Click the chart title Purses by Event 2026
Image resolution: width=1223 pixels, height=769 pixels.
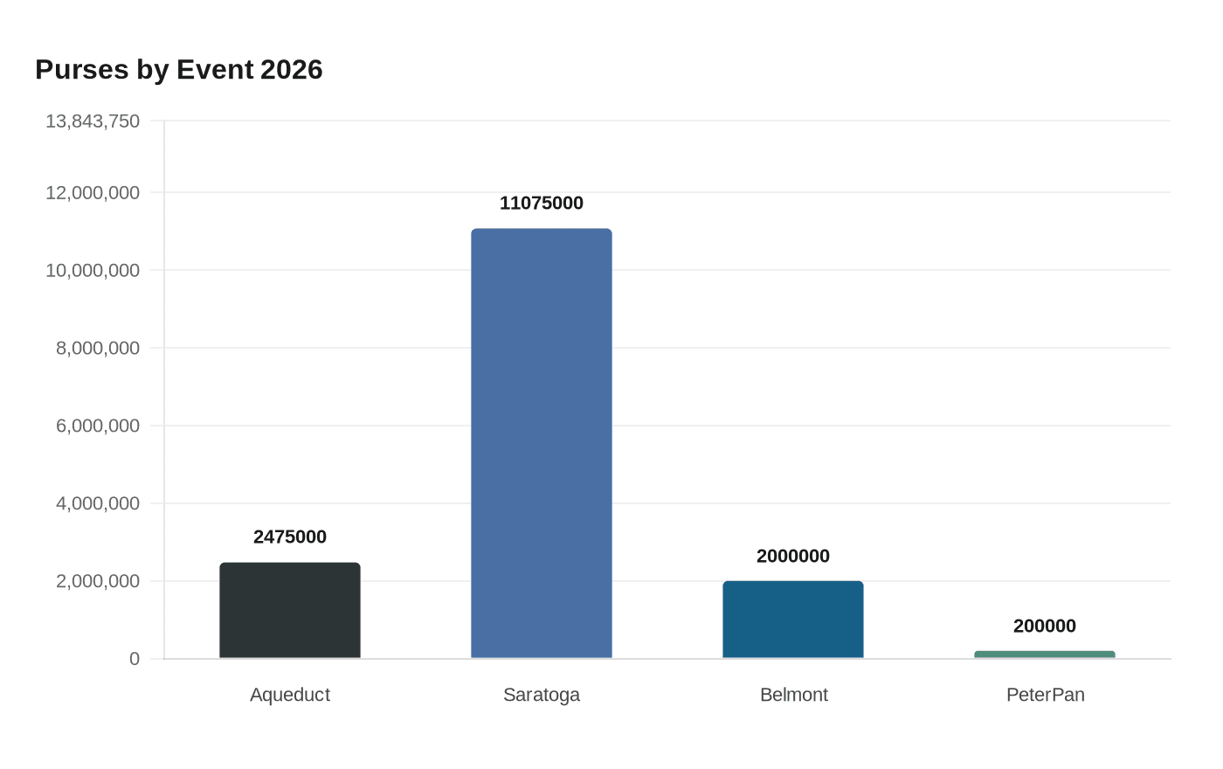pos(179,70)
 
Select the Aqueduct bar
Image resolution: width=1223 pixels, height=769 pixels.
pos(290,611)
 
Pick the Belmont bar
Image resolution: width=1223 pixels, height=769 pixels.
pos(793,620)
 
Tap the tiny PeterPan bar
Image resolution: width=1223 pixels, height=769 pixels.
pos(1045,655)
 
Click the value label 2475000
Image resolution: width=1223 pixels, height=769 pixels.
pos(290,537)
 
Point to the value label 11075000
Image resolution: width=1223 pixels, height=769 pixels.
pos(542,203)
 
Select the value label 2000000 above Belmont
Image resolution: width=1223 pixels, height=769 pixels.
pos(793,556)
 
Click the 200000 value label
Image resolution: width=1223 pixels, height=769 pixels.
pos(1045,626)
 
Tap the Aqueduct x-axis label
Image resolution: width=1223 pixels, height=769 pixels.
pos(290,695)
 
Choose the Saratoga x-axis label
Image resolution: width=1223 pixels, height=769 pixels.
pos(542,695)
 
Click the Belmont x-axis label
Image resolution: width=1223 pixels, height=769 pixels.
pos(793,695)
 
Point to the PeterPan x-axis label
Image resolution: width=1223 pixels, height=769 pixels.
pos(1045,695)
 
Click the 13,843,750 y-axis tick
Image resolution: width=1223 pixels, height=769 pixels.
pos(93,121)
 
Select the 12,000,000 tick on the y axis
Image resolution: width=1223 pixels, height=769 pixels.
pos(93,192)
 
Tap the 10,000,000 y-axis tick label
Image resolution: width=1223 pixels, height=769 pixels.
pos(93,270)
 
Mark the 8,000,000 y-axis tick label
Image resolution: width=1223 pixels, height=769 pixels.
pos(98,348)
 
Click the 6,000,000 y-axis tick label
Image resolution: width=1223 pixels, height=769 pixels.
pos(98,426)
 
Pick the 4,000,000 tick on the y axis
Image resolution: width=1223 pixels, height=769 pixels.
pos(98,503)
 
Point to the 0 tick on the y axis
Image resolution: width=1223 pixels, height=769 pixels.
pos(135,659)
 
